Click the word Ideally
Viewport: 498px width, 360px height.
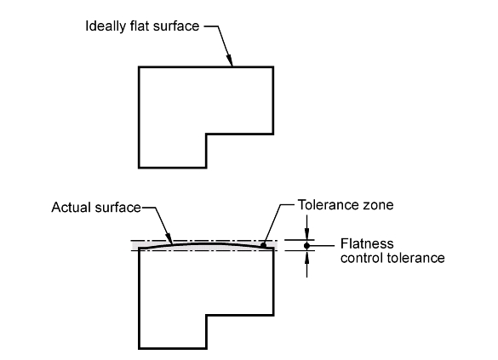(106, 26)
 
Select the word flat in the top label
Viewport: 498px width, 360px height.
(140, 26)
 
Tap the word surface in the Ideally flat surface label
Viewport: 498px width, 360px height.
(176, 26)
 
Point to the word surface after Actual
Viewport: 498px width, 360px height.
(117, 208)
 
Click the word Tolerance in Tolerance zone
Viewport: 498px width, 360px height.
(329, 205)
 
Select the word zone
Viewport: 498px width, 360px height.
(378, 206)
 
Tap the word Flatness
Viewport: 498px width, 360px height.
(367, 243)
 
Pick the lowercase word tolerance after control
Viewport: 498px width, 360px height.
(415, 258)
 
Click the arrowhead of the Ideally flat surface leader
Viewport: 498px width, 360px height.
(230, 60)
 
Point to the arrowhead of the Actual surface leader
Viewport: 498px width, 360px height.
(169, 238)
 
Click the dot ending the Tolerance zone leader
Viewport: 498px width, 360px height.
(263, 245)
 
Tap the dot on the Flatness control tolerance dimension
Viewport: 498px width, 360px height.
(306, 246)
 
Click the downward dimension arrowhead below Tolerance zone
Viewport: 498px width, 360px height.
(306, 234)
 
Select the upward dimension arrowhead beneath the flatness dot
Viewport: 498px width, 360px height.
(306, 257)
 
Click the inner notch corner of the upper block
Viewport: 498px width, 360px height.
(206, 134)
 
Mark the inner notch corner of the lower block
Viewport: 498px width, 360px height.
(206, 315)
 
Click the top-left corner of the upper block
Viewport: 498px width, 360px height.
(139, 67)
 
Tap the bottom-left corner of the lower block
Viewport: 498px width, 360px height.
(139, 349)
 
